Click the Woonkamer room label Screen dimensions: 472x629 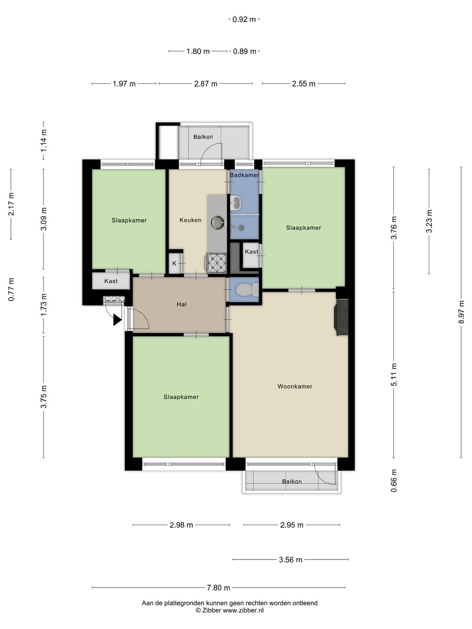(295, 386)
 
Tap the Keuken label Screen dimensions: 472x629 (190, 220)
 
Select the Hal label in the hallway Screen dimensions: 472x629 (182, 304)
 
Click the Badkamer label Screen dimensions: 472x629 (244, 175)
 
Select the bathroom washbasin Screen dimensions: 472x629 (235, 203)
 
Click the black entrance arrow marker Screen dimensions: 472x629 (118, 320)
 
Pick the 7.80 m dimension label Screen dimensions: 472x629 (219, 588)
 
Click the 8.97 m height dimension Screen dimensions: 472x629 (461, 312)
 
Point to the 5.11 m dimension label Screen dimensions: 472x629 (394, 374)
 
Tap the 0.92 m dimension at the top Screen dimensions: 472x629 (244, 20)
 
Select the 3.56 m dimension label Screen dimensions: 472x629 (291, 560)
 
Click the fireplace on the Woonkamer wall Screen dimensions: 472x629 (341, 317)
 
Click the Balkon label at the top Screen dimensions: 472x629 (203, 137)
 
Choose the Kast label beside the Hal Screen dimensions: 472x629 (111, 281)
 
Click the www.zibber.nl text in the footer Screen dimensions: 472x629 (243, 610)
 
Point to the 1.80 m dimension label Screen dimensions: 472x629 (198, 51)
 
